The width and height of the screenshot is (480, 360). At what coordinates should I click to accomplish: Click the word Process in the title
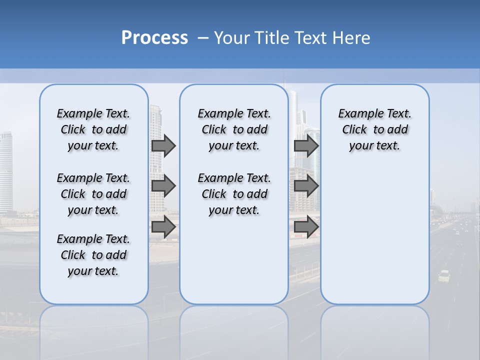(x=154, y=38)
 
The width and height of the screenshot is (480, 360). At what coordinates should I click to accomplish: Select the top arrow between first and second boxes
(x=163, y=145)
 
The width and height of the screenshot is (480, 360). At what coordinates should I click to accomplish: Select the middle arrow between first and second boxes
(x=163, y=186)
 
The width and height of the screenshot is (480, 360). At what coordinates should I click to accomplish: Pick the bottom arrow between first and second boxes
(x=163, y=226)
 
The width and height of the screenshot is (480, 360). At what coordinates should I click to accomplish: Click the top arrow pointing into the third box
(x=306, y=145)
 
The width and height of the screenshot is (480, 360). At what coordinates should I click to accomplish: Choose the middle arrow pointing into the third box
(x=306, y=186)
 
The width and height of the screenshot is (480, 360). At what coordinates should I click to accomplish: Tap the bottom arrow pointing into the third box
(x=306, y=226)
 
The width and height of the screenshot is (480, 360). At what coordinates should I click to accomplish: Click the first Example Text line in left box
(x=93, y=113)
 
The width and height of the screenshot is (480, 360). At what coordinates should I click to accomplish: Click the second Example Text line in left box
(x=93, y=178)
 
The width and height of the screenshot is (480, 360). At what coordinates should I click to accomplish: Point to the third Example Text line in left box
(x=93, y=239)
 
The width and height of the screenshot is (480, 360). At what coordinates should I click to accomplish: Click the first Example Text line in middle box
(x=234, y=113)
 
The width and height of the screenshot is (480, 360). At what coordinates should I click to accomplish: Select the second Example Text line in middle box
(x=234, y=178)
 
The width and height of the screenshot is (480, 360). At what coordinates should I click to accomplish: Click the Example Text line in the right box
(x=374, y=113)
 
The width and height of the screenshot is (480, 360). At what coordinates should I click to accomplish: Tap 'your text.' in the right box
(x=374, y=146)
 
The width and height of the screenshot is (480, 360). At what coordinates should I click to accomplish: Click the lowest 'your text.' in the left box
(x=93, y=271)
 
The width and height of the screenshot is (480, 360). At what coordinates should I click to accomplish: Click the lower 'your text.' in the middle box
(x=234, y=210)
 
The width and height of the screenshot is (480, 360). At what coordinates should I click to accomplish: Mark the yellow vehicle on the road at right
(x=444, y=276)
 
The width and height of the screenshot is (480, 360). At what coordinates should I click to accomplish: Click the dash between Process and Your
(x=203, y=38)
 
